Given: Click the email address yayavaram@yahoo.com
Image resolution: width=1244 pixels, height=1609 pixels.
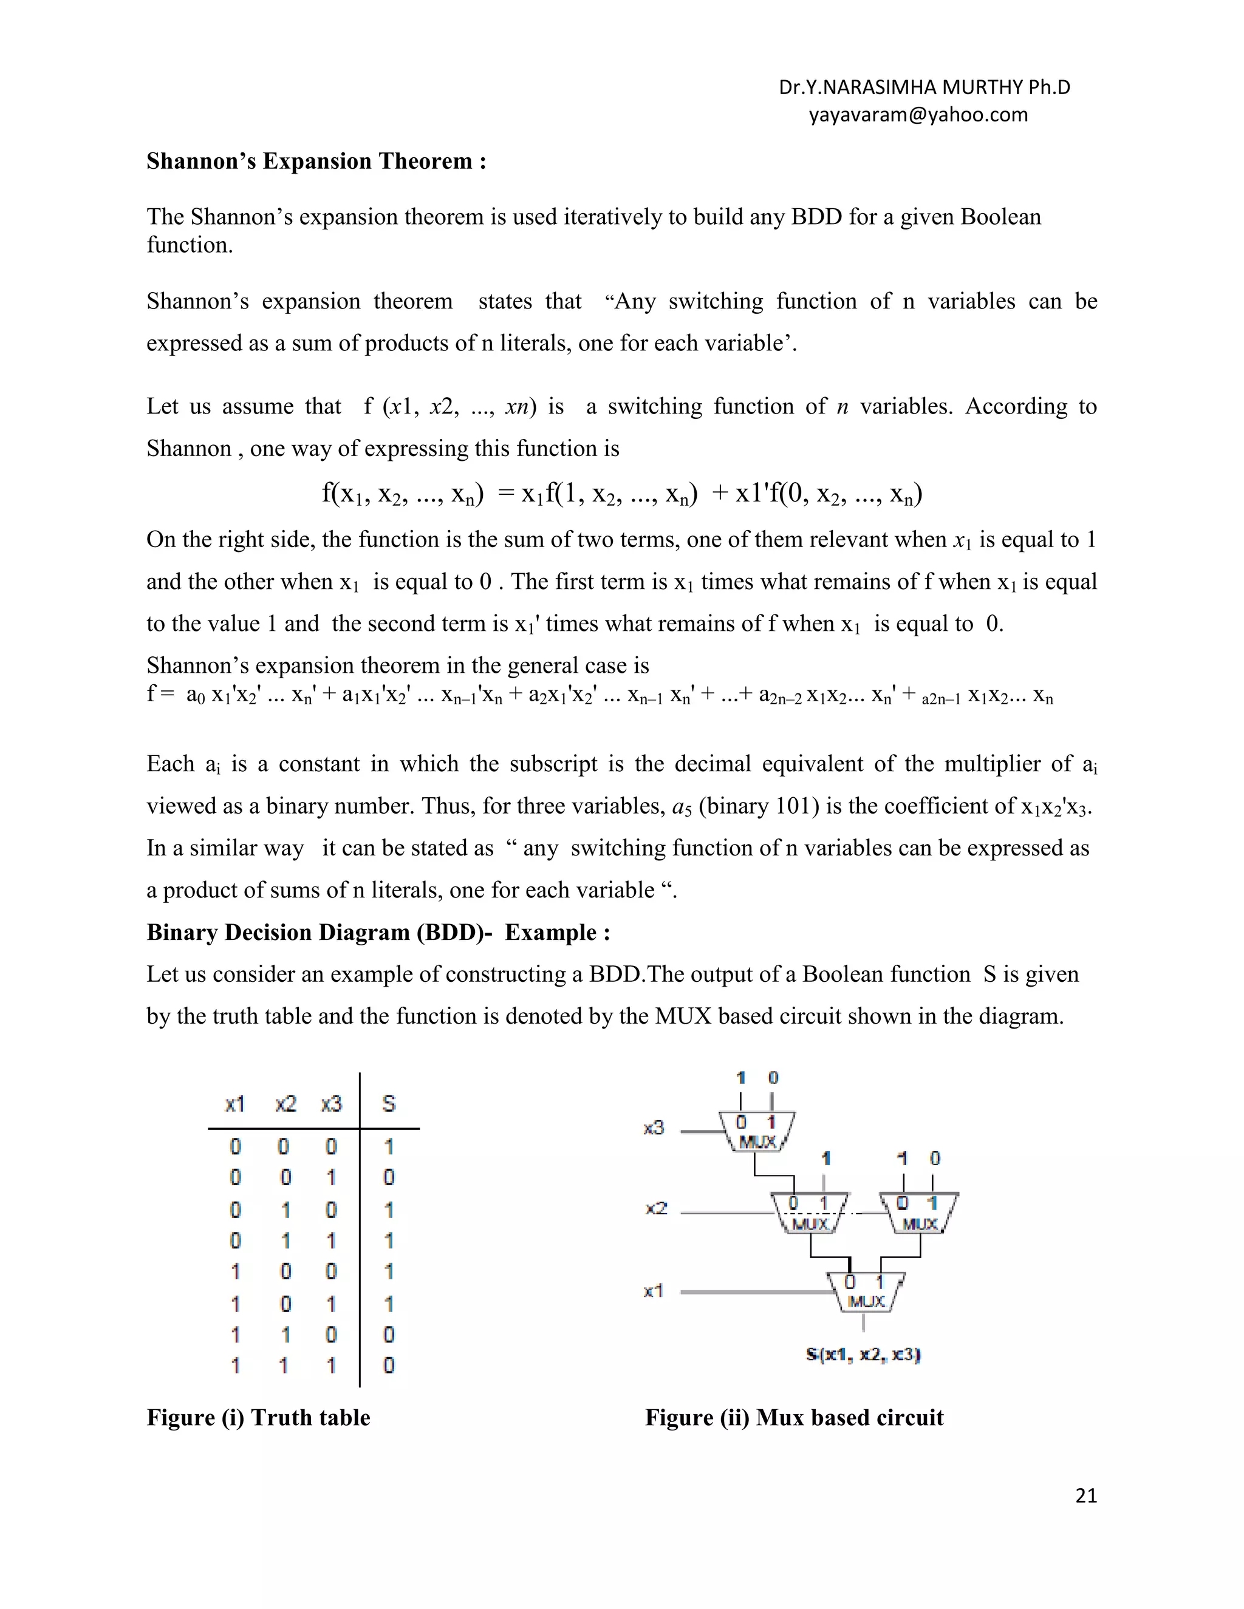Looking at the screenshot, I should pyautogui.click(x=918, y=115).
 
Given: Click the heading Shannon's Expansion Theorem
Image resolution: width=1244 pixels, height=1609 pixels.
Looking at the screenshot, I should pyautogui.click(x=316, y=162).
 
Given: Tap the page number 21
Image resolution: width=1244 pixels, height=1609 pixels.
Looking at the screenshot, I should pyautogui.click(x=1085, y=1495).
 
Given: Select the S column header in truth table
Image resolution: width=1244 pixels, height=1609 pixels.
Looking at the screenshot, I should pyautogui.click(x=388, y=1104).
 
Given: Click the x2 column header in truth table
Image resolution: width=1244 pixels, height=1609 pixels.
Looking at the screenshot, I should pyautogui.click(x=285, y=1104).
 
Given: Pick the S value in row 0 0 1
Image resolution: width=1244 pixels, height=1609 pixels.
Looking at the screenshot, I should pyautogui.click(x=388, y=1177).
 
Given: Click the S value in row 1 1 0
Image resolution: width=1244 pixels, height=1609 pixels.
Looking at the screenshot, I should pyautogui.click(x=388, y=1334).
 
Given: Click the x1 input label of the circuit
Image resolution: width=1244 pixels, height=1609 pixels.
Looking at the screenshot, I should pyautogui.click(x=653, y=1291).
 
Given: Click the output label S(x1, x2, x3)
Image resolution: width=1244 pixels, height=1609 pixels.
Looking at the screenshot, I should pyautogui.click(x=863, y=1354).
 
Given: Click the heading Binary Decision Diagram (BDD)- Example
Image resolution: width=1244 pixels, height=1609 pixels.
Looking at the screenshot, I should pyautogui.click(x=378, y=932).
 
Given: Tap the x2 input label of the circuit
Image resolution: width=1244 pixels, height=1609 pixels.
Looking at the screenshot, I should pyautogui.click(x=656, y=1208).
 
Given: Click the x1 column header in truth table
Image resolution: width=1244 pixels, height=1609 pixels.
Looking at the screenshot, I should pyautogui.click(x=234, y=1104).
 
